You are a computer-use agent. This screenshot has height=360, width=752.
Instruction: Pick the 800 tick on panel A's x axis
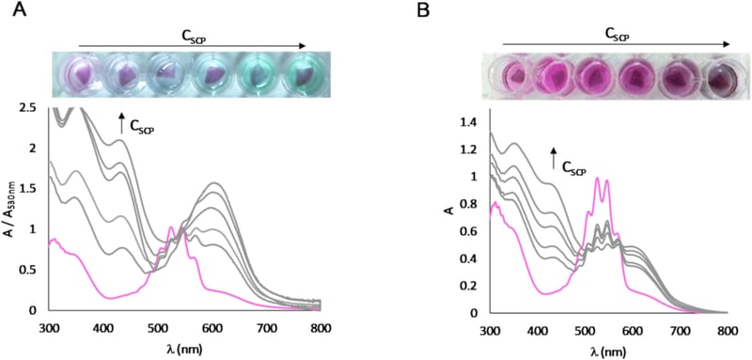tap(320, 325)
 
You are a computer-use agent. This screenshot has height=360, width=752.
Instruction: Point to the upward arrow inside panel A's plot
tap(120, 119)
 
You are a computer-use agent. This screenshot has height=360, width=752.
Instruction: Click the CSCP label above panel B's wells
tap(616, 37)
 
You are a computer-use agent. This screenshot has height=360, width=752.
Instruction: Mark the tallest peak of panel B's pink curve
tap(596, 178)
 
